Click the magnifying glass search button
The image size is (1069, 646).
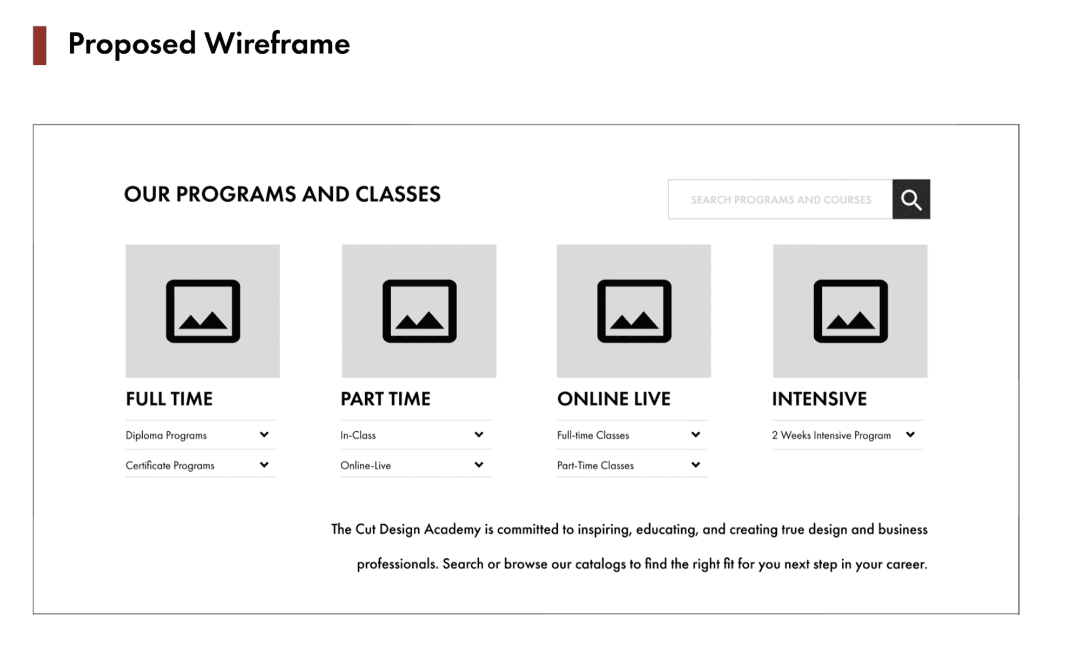(x=911, y=199)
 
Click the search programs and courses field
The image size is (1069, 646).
(x=780, y=199)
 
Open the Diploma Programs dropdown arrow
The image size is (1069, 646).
(x=264, y=434)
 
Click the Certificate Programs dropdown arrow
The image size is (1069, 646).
(x=264, y=465)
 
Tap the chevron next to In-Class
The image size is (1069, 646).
(x=479, y=434)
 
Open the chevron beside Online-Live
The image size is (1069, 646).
(x=479, y=465)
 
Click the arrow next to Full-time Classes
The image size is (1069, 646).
(x=696, y=434)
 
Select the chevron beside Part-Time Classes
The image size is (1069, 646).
(x=696, y=465)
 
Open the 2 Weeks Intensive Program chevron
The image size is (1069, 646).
(x=910, y=434)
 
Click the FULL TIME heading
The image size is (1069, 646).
(x=169, y=399)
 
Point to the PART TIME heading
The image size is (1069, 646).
(x=386, y=399)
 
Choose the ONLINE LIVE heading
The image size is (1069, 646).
(x=614, y=399)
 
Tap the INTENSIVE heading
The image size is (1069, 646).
(x=819, y=399)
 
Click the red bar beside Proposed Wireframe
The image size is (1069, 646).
(x=39, y=45)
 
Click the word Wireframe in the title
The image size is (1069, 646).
(x=278, y=43)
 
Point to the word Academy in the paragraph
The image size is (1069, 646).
(x=452, y=530)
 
